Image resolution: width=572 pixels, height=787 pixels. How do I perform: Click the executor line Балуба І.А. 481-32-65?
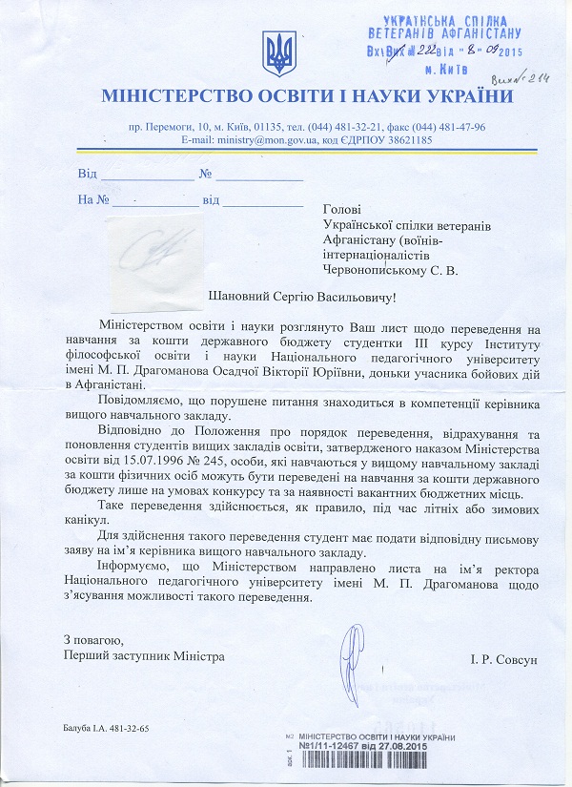pyautogui.click(x=107, y=728)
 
